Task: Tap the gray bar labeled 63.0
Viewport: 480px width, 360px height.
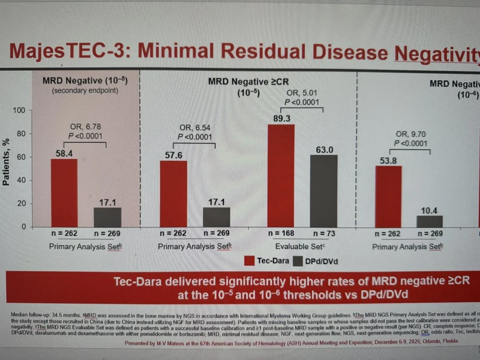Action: coord(324,190)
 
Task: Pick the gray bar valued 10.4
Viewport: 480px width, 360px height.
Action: coord(430,221)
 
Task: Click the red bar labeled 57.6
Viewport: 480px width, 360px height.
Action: coord(173,193)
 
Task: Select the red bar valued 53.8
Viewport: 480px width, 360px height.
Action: coord(388,196)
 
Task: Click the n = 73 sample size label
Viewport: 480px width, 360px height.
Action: coord(324,233)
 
